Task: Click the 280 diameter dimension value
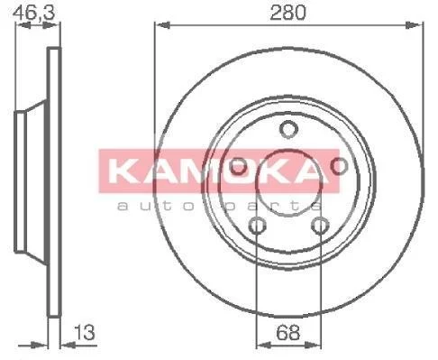coord(287,13)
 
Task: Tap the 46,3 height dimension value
coord(35,13)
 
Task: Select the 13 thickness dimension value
coord(85,332)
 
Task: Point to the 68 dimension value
coord(287,333)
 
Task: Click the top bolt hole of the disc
coord(288,129)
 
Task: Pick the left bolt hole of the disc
coord(238,166)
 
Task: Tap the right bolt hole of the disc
coord(339,165)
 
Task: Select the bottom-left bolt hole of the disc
coord(257,226)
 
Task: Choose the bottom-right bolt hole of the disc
coord(320,226)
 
